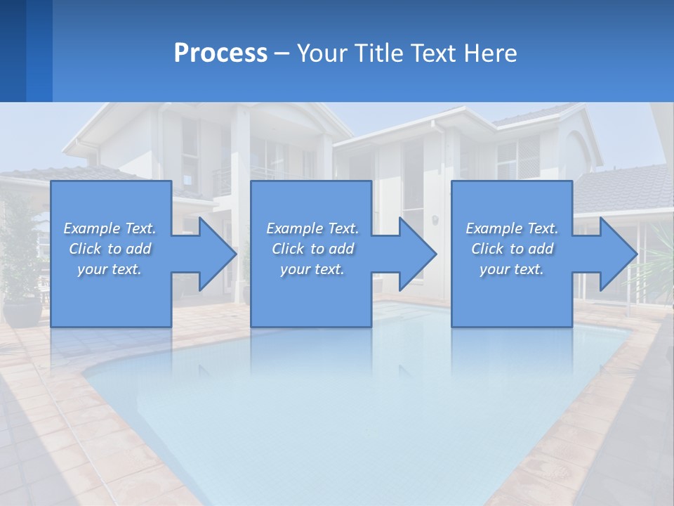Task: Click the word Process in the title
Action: [220, 53]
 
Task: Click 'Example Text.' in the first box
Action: [110, 228]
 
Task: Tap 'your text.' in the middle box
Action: [312, 269]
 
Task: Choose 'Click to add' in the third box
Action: [512, 249]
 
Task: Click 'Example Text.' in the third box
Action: [512, 228]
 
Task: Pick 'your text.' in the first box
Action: [110, 269]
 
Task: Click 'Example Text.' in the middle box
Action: [312, 228]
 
